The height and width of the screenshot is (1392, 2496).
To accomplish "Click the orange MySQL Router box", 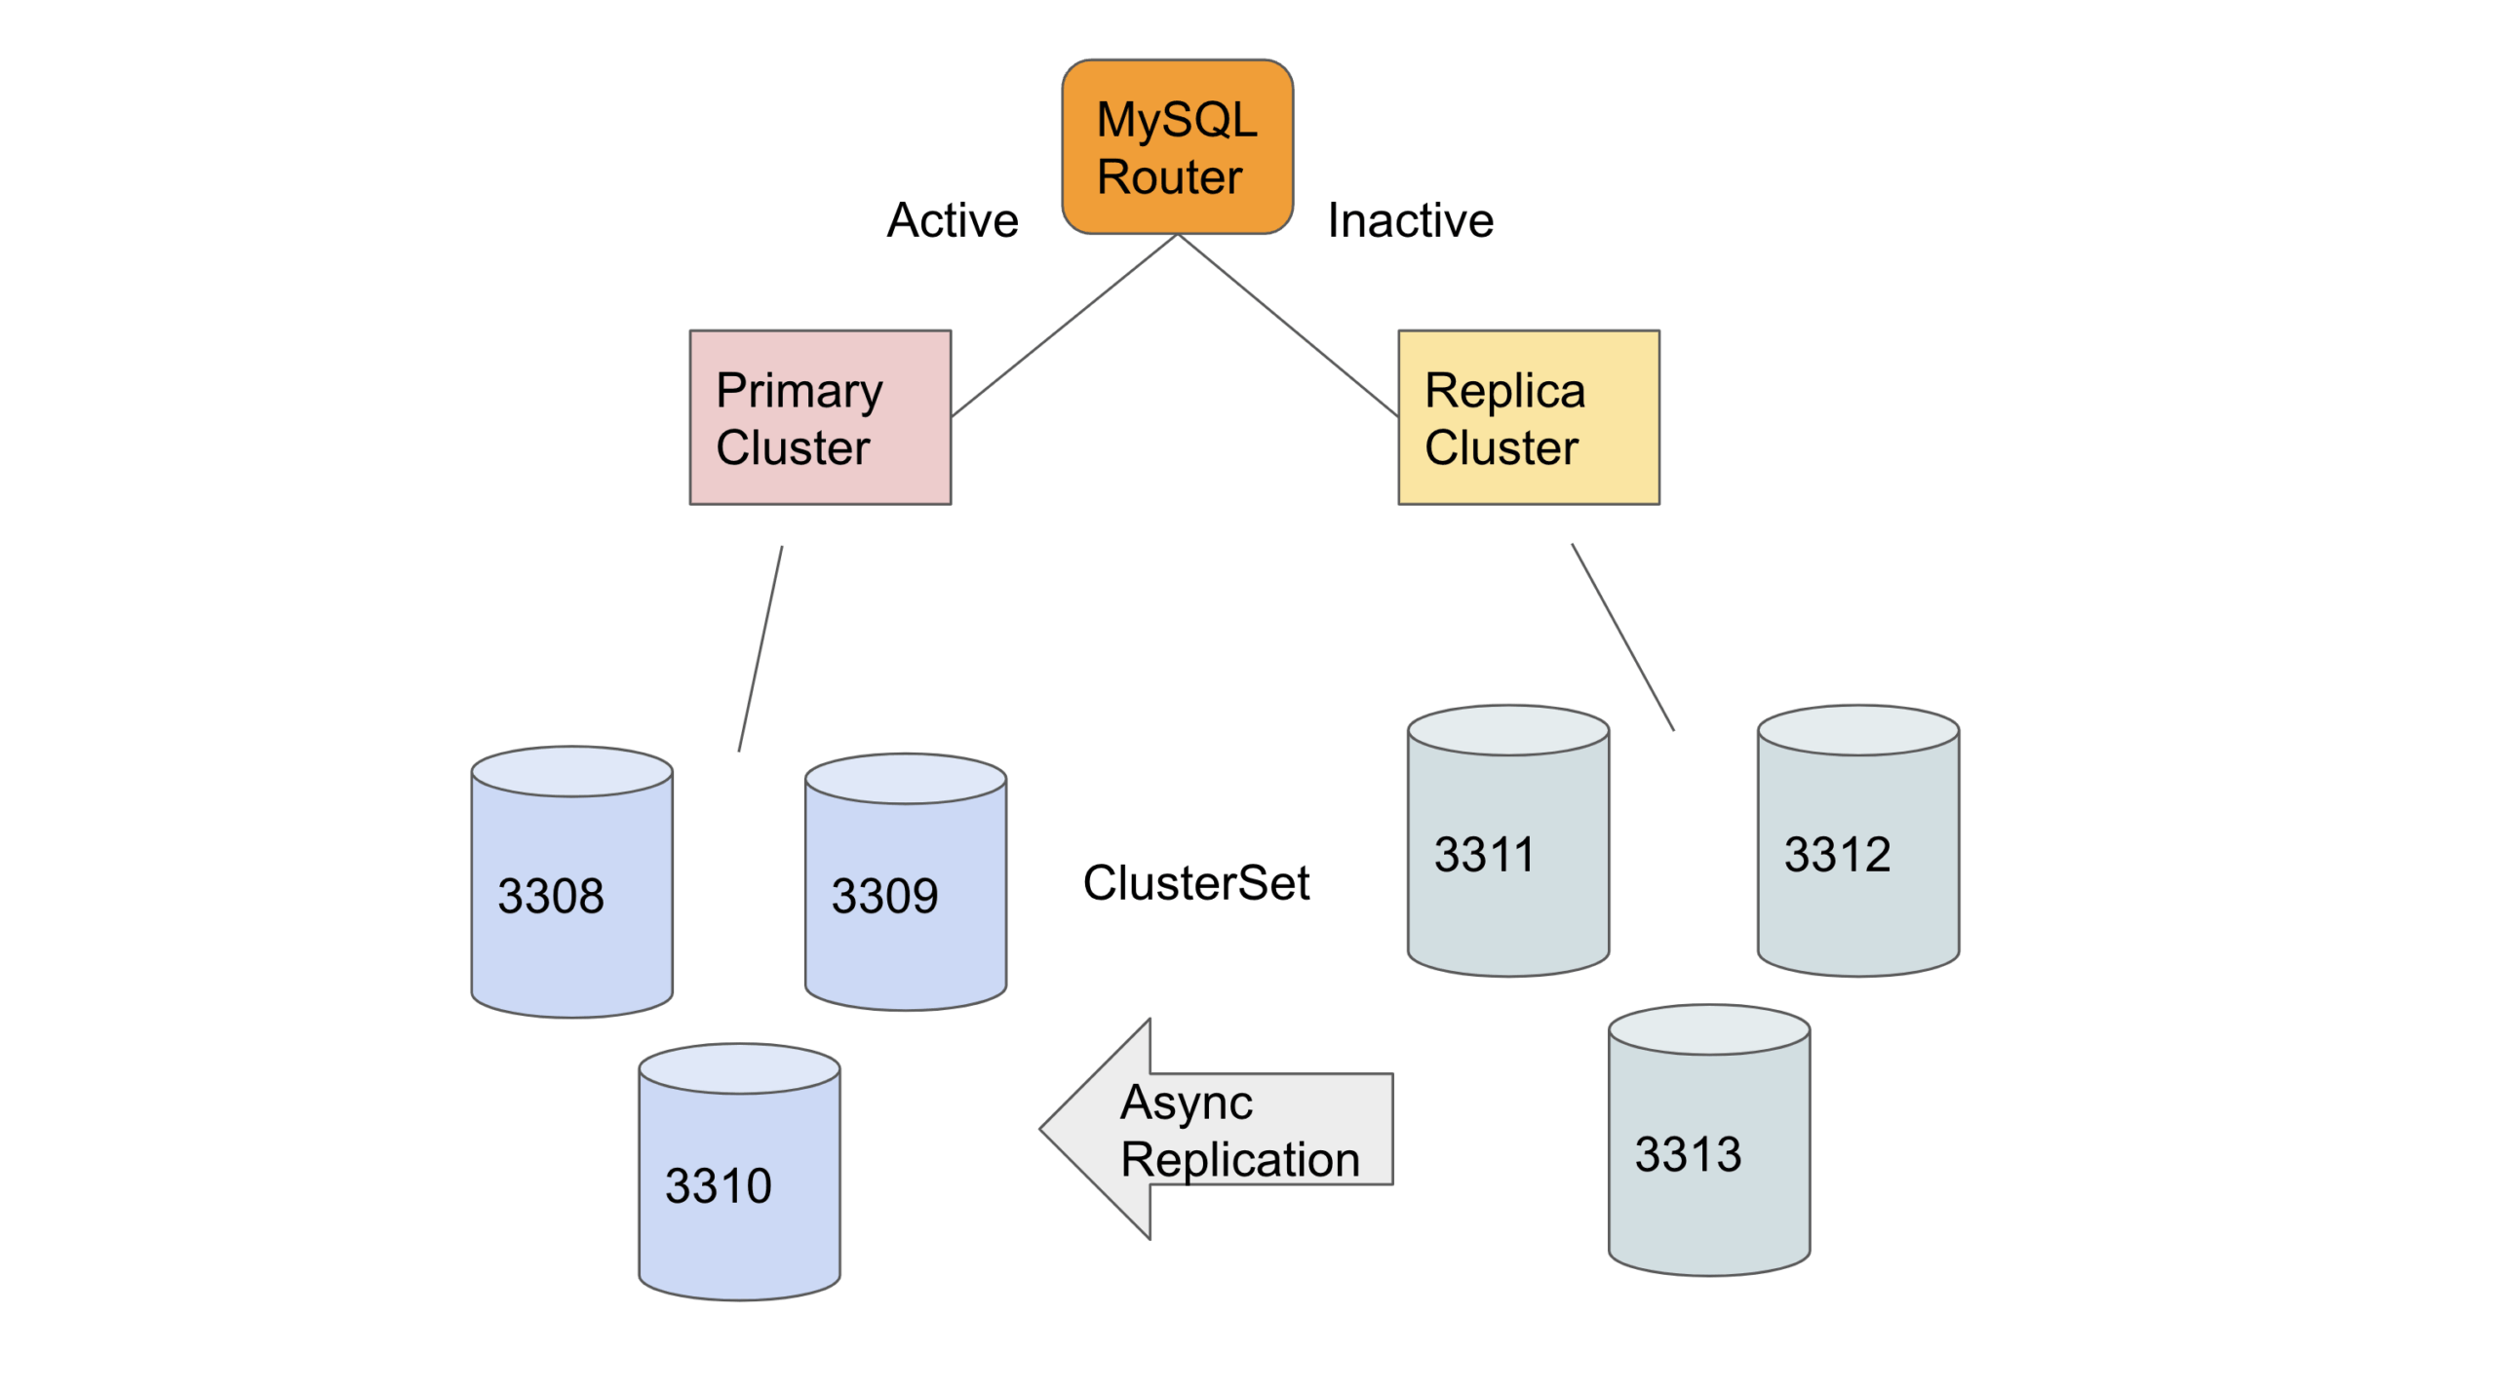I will pos(1177,146).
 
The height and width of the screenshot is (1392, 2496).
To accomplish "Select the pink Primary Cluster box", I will pos(819,417).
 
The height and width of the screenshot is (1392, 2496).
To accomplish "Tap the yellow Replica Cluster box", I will pos(1528,417).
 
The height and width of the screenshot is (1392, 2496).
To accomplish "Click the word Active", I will pos(952,220).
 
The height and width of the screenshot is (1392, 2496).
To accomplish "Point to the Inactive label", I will pos(1409,220).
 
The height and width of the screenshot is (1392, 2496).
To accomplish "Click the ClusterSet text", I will pos(1195,882).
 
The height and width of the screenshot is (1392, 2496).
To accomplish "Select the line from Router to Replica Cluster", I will pos(1287,326).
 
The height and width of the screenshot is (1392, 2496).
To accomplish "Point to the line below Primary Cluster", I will pos(760,649).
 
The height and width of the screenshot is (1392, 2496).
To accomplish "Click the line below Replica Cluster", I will pos(1621,637).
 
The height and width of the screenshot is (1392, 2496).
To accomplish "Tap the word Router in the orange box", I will pos(1169,177).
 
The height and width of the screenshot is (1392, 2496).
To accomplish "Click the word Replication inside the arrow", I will pos(1239,1159).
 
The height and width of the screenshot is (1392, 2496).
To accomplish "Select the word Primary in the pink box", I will pos(799,391).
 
